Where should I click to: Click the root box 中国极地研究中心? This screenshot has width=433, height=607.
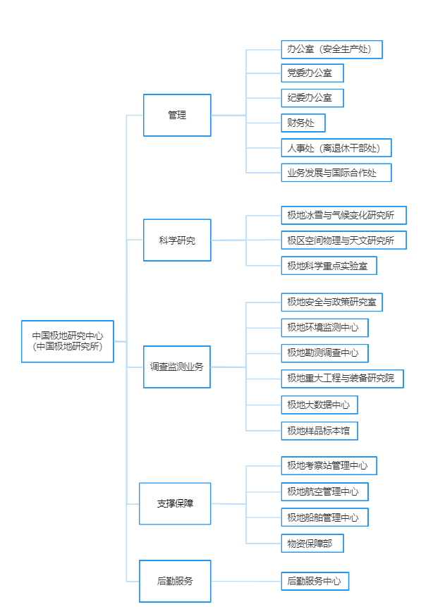(68, 341)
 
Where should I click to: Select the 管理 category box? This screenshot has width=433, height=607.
(177, 115)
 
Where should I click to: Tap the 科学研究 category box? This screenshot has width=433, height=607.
(177, 240)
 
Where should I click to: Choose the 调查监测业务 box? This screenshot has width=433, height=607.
(177, 367)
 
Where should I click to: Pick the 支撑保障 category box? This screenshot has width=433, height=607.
(175, 503)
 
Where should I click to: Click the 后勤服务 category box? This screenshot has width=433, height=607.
(175, 581)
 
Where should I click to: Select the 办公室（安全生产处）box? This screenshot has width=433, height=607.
(331, 49)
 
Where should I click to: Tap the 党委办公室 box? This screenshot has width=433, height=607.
(312, 73)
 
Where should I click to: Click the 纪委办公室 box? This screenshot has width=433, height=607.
(312, 97)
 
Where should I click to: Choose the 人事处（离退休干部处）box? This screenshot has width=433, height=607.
(336, 148)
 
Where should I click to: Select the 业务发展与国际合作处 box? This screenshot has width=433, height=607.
(336, 173)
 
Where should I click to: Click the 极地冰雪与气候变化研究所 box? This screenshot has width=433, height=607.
(343, 215)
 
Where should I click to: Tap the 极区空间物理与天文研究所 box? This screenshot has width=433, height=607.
(343, 240)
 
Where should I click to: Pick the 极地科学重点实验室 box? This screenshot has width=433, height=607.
(329, 266)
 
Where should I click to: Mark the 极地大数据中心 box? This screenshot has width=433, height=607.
(319, 405)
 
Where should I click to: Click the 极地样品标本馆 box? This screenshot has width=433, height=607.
(319, 430)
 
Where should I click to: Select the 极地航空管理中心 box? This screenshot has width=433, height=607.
(324, 491)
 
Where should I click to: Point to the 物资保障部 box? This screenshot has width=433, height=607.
(312, 543)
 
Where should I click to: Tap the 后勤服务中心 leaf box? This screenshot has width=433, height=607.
(315, 582)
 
